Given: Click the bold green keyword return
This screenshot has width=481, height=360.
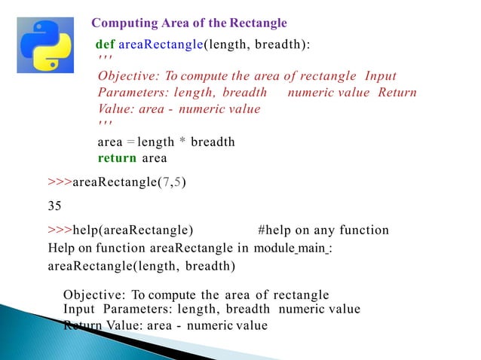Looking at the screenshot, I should click(x=117, y=158).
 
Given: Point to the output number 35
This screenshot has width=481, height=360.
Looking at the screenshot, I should click(x=54, y=203).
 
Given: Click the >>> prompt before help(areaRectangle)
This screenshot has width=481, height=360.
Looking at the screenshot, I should click(x=59, y=230).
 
